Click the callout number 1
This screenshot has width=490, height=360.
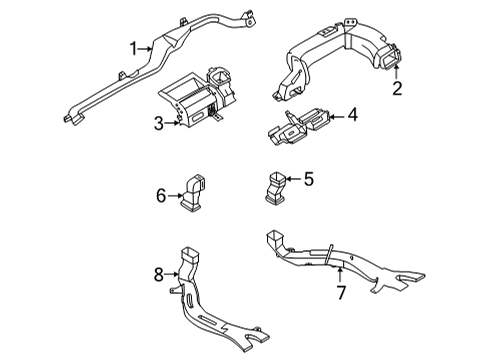[131, 47]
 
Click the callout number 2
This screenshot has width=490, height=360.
[397, 90]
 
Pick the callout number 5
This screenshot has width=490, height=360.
[308, 180]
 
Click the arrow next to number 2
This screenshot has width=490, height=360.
[397, 73]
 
